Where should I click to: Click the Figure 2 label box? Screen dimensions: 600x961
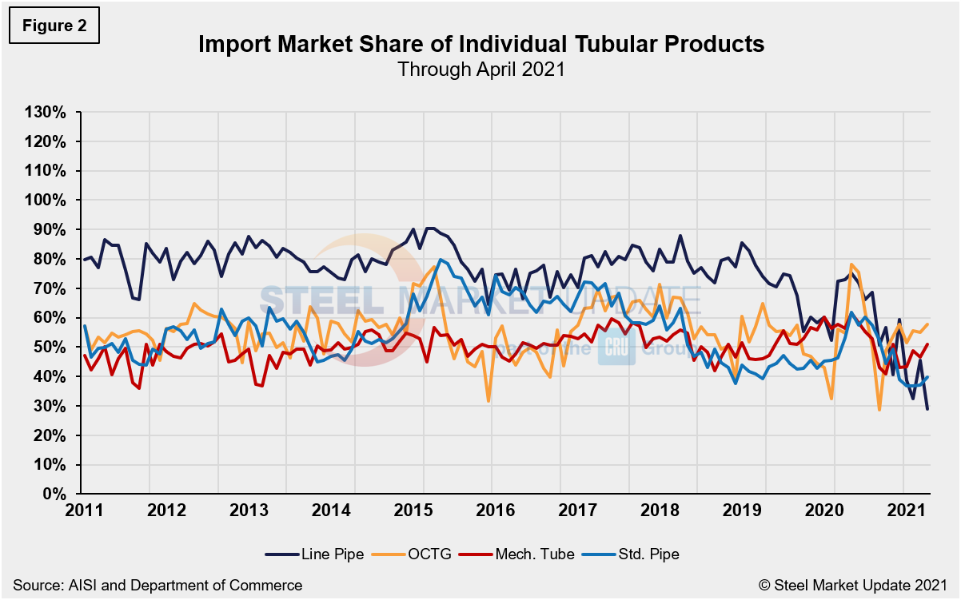[54, 26]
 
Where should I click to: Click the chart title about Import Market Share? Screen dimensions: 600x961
[480, 45]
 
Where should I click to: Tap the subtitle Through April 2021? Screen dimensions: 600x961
[480, 70]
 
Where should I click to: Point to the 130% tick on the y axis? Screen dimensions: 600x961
[46, 112]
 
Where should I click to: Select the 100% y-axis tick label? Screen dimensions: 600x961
[46, 200]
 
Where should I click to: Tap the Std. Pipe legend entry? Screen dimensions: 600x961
[636, 554]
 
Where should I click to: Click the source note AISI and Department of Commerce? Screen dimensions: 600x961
[158, 585]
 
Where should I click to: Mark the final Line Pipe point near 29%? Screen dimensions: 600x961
[927, 409]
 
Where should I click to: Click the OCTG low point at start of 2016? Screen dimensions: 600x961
[488, 401]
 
